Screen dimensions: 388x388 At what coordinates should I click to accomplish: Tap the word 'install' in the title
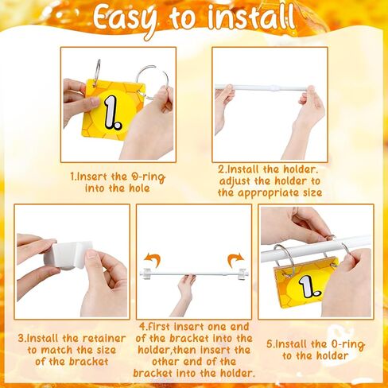(251, 17)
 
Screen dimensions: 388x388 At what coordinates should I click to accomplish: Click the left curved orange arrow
(153, 260)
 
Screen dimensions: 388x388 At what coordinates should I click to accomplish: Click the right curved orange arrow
(235, 260)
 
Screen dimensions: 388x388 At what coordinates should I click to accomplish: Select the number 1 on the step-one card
(112, 113)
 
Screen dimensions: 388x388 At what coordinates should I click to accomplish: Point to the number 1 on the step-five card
(308, 288)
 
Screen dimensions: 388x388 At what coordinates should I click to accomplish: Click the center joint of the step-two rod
(272, 87)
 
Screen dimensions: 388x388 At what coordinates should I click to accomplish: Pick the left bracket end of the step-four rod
(145, 273)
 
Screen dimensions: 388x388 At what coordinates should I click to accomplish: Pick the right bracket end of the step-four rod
(242, 274)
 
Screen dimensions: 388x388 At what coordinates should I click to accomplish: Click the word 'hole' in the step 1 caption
(139, 188)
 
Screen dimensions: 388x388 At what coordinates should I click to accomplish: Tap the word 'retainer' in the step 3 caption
(104, 338)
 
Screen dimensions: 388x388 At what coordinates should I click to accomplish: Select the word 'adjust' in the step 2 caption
(235, 181)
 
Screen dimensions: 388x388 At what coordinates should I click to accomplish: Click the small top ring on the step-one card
(97, 69)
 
